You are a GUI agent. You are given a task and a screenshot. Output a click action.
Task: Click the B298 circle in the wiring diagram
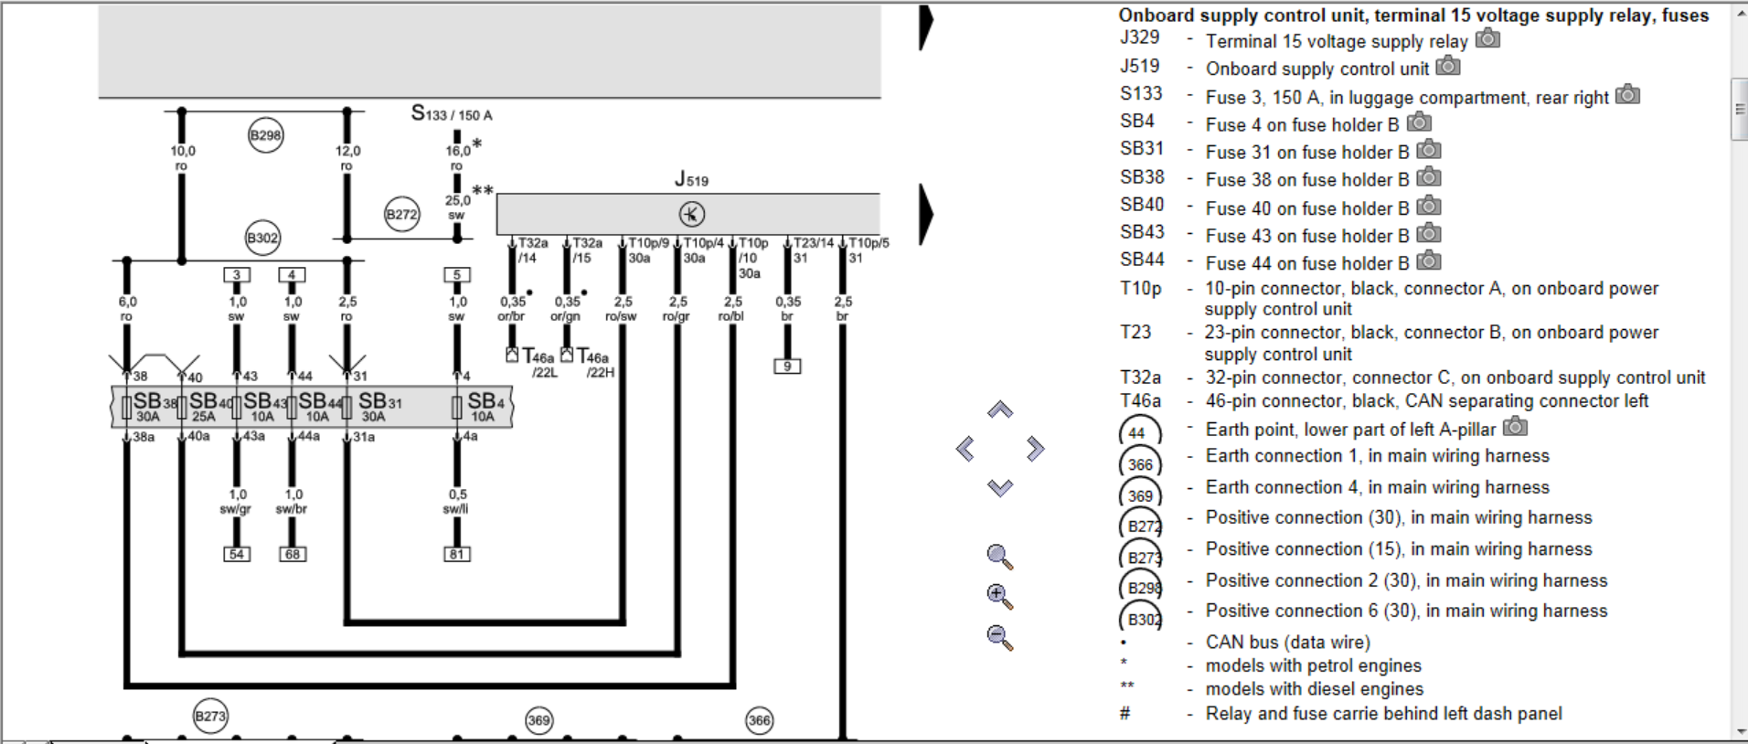[x=265, y=135]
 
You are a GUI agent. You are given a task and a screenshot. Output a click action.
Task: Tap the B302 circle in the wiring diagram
[x=262, y=238]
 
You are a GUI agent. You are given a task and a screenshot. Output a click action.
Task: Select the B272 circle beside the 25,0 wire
[x=401, y=215]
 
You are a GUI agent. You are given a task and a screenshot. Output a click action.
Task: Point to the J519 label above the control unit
[x=691, y=179]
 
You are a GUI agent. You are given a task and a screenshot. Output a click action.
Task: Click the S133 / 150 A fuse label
[x=452, y=114]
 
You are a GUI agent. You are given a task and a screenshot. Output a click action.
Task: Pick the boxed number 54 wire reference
[x=237, y=554]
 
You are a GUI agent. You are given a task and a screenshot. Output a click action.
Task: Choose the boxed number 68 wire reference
[x=293, y=554]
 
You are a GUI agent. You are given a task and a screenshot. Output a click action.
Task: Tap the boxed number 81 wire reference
[x=457, y=554]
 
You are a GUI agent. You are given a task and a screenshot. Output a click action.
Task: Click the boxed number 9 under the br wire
[x=787, y=367]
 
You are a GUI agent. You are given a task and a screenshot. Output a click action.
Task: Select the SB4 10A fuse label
[x=485, y=406]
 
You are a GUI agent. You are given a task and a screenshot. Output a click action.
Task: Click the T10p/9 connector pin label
[x=648, y=243]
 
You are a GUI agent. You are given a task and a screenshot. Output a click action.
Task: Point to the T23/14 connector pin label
[x=813, y=243]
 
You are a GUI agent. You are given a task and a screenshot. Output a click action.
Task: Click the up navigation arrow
[x=1000, y=410]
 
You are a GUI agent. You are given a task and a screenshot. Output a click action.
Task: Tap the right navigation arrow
[x=1035, y=449]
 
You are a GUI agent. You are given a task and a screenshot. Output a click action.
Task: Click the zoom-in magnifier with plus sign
[x=999, y=596]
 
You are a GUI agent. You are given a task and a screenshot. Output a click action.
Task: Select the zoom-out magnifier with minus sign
[x=999, y=636]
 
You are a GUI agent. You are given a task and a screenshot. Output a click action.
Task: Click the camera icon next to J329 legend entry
[x=1488, y=38]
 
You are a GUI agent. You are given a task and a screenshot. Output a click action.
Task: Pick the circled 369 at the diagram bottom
[x=539, y=720]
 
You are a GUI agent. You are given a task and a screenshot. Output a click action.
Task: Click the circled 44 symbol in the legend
[x=1139, y=432]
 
